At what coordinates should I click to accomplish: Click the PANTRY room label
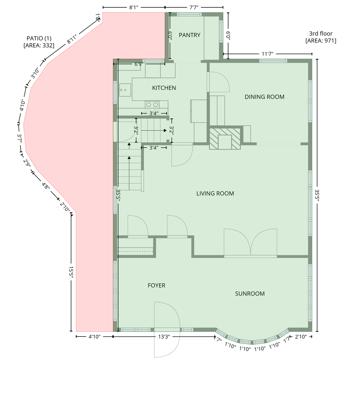(190, 35)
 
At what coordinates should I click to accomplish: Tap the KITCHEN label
(164, 88)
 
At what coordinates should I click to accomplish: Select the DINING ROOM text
(264, 97)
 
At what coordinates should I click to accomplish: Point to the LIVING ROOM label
(215, 193)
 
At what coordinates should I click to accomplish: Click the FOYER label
(156, 285)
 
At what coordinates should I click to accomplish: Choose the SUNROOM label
(250, 293)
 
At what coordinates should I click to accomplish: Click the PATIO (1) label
(39, 38)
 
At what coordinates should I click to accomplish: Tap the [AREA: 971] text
(321, 41)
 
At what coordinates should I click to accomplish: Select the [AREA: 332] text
(39, 46)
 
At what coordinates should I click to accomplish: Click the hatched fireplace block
(225, 139)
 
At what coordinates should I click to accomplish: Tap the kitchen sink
(125, 90)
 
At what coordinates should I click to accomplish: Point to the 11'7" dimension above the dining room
(267, 54)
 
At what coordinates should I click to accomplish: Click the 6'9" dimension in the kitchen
(139, 64)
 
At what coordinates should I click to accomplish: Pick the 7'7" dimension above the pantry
(194, 7)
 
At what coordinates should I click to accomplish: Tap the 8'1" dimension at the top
(134, 7)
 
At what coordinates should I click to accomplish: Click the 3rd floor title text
(321, 33)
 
